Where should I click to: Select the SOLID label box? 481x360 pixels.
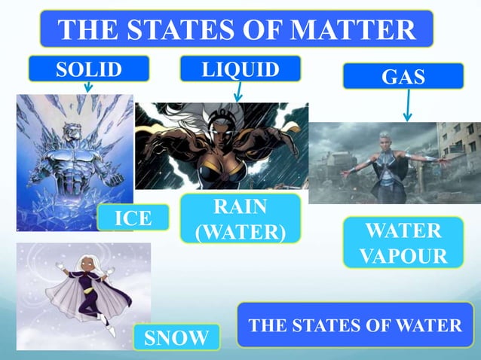pyautogui.click(x=88, y=69)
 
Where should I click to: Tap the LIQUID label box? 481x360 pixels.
pyautogui.click(x=240, y=69)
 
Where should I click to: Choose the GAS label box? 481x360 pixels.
pyautogui.click(x=403, y=76)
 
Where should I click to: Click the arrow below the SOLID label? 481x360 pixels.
pyautogui.click(x=87, y=87)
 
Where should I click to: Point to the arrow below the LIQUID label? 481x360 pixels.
pyautogui.click(x=238, y=92)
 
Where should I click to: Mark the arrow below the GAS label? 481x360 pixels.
pyautogui.click(x=407, y=105)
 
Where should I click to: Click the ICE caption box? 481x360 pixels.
pyautogui.click(x=133, y=218)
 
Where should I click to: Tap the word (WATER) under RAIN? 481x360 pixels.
pyautogui.click(x=240, y=230)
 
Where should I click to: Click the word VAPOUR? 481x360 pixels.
pyautogui.click(x=403, y=255)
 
